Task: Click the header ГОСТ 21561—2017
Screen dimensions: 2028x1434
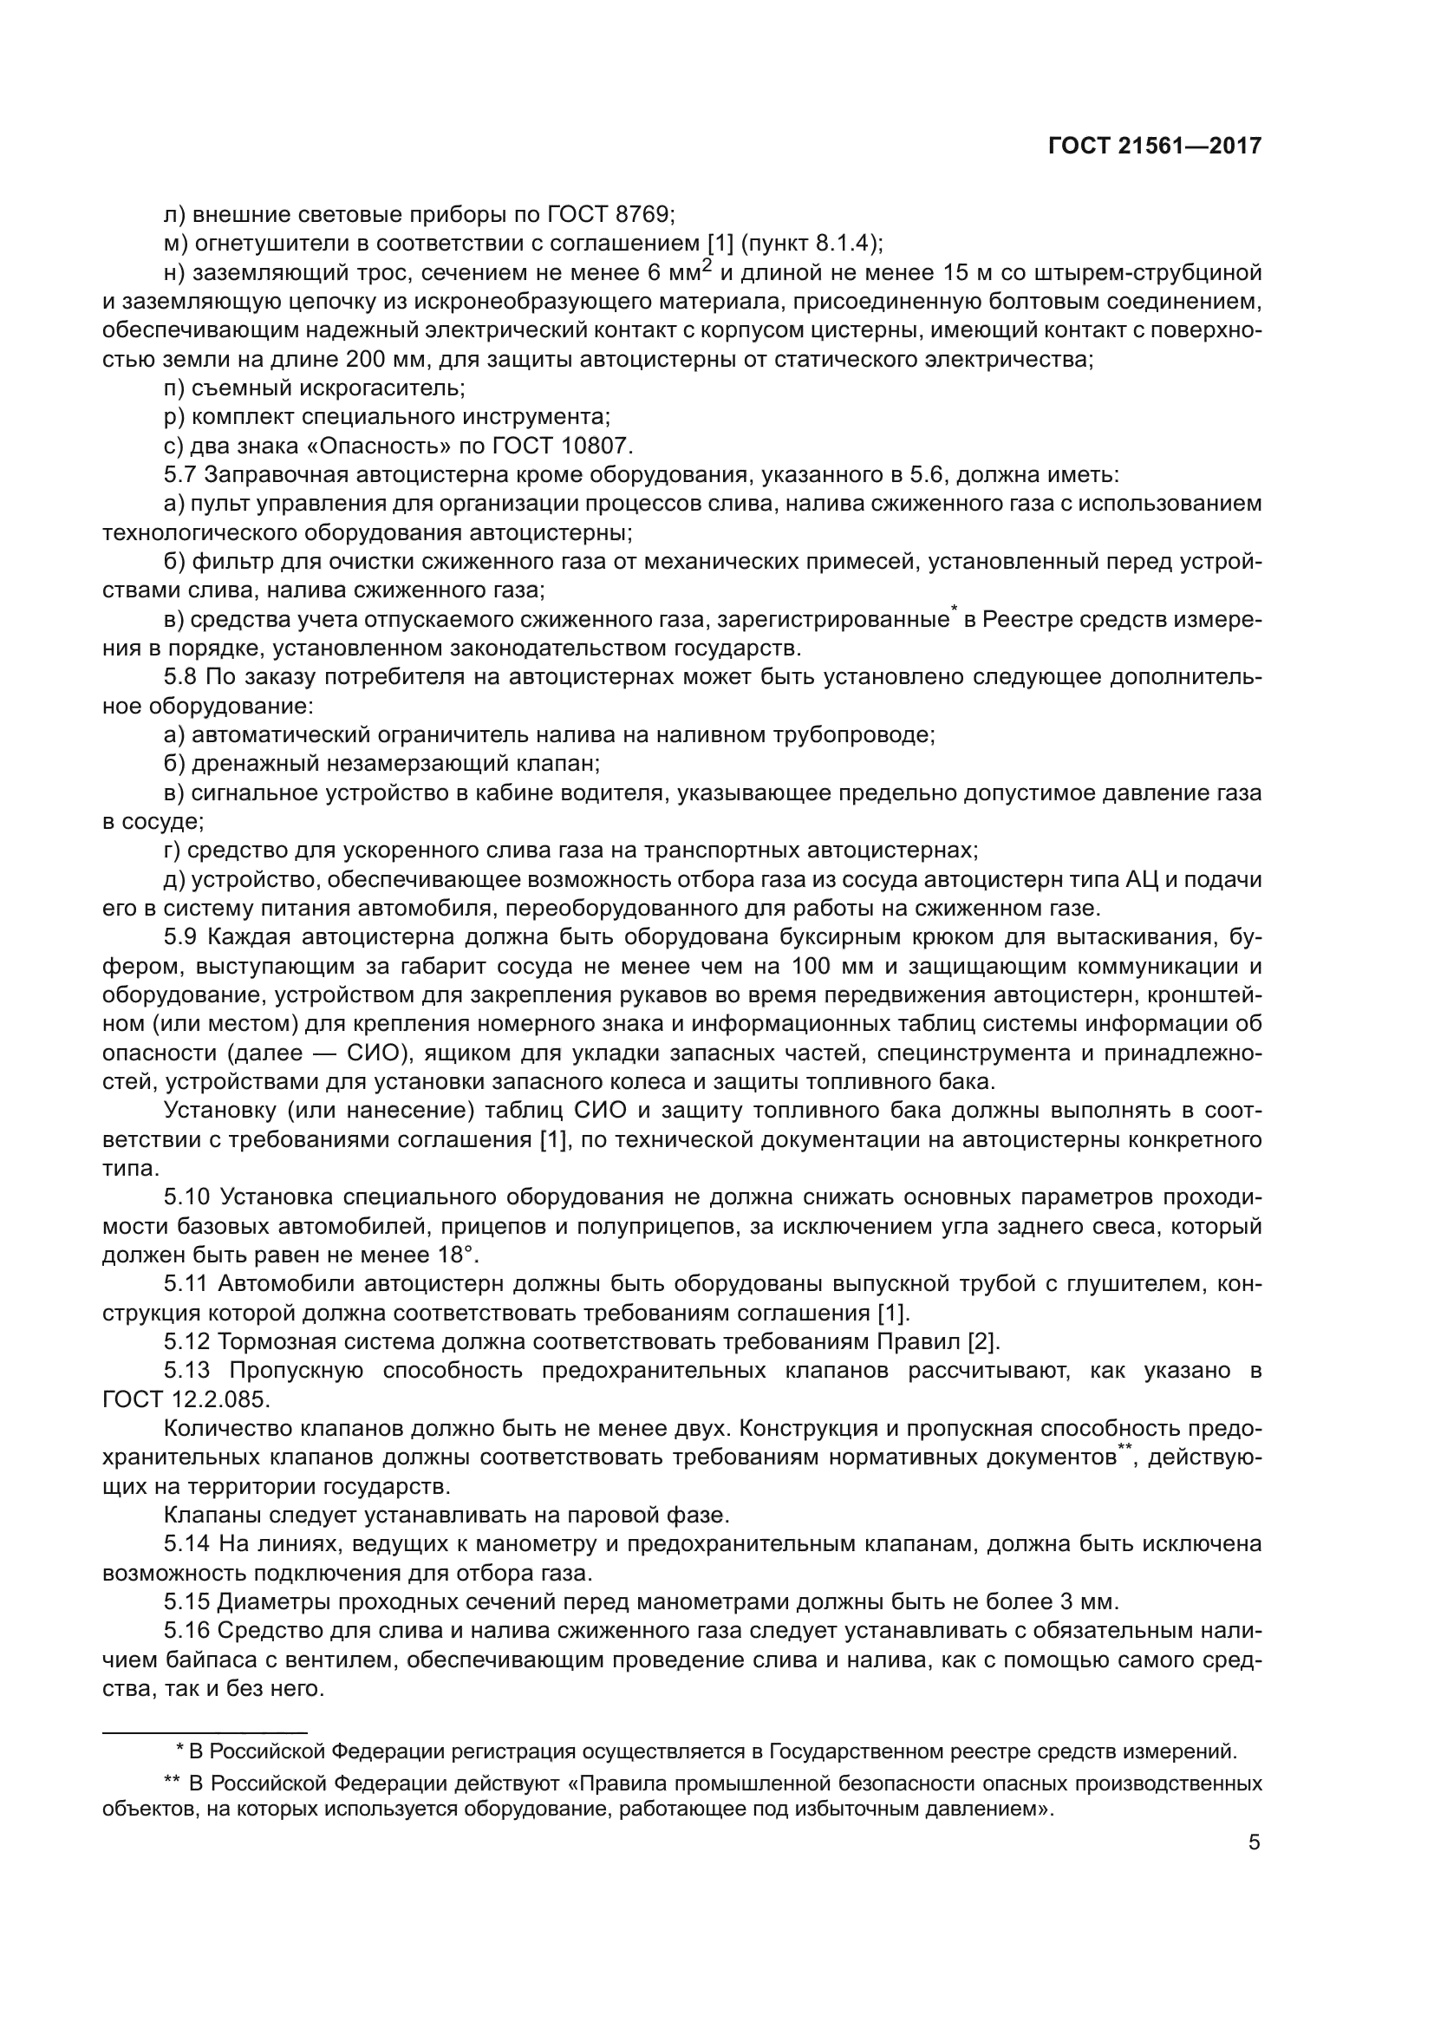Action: [1155, 146]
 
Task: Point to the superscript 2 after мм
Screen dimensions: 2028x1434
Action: [707, 266]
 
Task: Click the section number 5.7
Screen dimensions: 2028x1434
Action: [180, 475]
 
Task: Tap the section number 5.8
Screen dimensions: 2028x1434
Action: [180, 677]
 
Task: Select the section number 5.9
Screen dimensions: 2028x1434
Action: [181, 937]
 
